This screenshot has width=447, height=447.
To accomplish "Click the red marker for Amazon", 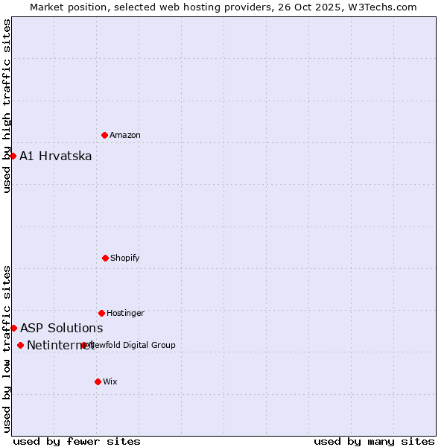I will (x=104, y=135).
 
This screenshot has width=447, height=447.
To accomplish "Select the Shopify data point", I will (x=105, y=258).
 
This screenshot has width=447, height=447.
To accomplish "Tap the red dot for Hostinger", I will (x=101, y=313).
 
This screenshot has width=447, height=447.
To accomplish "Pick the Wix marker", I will (x=98, y=381).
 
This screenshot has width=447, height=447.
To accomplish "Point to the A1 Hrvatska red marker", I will (x=13, y=156).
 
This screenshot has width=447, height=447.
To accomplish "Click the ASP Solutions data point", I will (x=13, y=328).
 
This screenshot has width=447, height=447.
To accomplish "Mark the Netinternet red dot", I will (x=20, y=345).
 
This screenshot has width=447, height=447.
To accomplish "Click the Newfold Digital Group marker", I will (x=84, y=345).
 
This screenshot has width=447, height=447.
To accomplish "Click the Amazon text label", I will (x=125, y=136).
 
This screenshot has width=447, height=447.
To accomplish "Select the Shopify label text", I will (x=125, y=259).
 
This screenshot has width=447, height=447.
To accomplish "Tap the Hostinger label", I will (x=125, y=314).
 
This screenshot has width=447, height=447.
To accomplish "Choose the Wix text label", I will (x=110, y=382).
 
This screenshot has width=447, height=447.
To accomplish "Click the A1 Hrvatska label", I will (x=56, y=156).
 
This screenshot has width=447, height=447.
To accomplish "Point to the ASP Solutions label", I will (x=62, y=329).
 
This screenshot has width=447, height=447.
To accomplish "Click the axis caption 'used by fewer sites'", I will (x=77, y=441).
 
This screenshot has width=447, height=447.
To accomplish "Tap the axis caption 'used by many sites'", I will (x=374, y=441).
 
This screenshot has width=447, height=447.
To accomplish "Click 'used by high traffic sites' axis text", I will (x=7, y=106).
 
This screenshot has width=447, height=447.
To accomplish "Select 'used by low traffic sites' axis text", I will (x=7, y=349).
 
